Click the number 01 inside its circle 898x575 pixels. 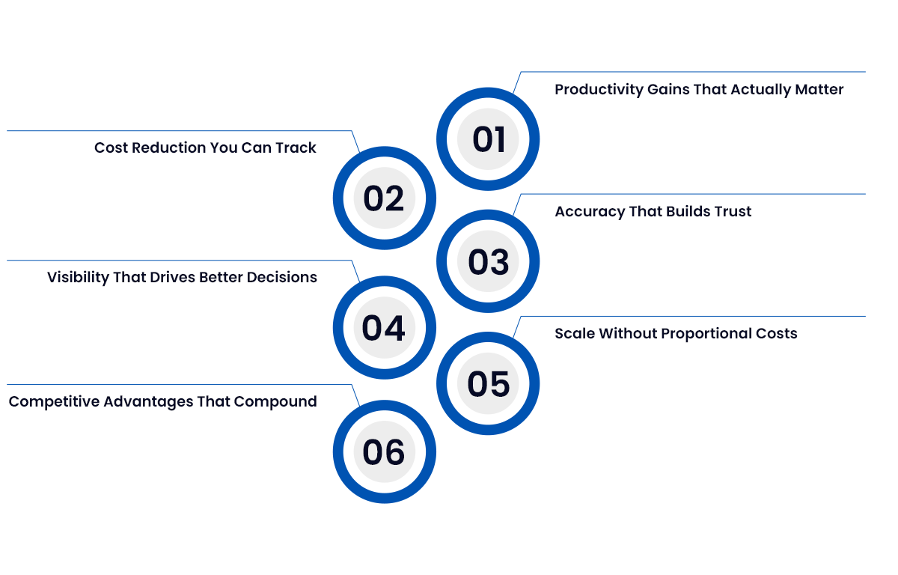(489, 140)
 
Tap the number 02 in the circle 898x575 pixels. (384, 199)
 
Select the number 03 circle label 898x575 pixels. (489, 262)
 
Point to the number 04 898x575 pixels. (384, 329)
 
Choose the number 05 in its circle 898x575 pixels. (489, 384)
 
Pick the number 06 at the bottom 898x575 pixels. (384, 452)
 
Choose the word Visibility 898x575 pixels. (79, 278)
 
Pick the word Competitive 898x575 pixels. (53, 402)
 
